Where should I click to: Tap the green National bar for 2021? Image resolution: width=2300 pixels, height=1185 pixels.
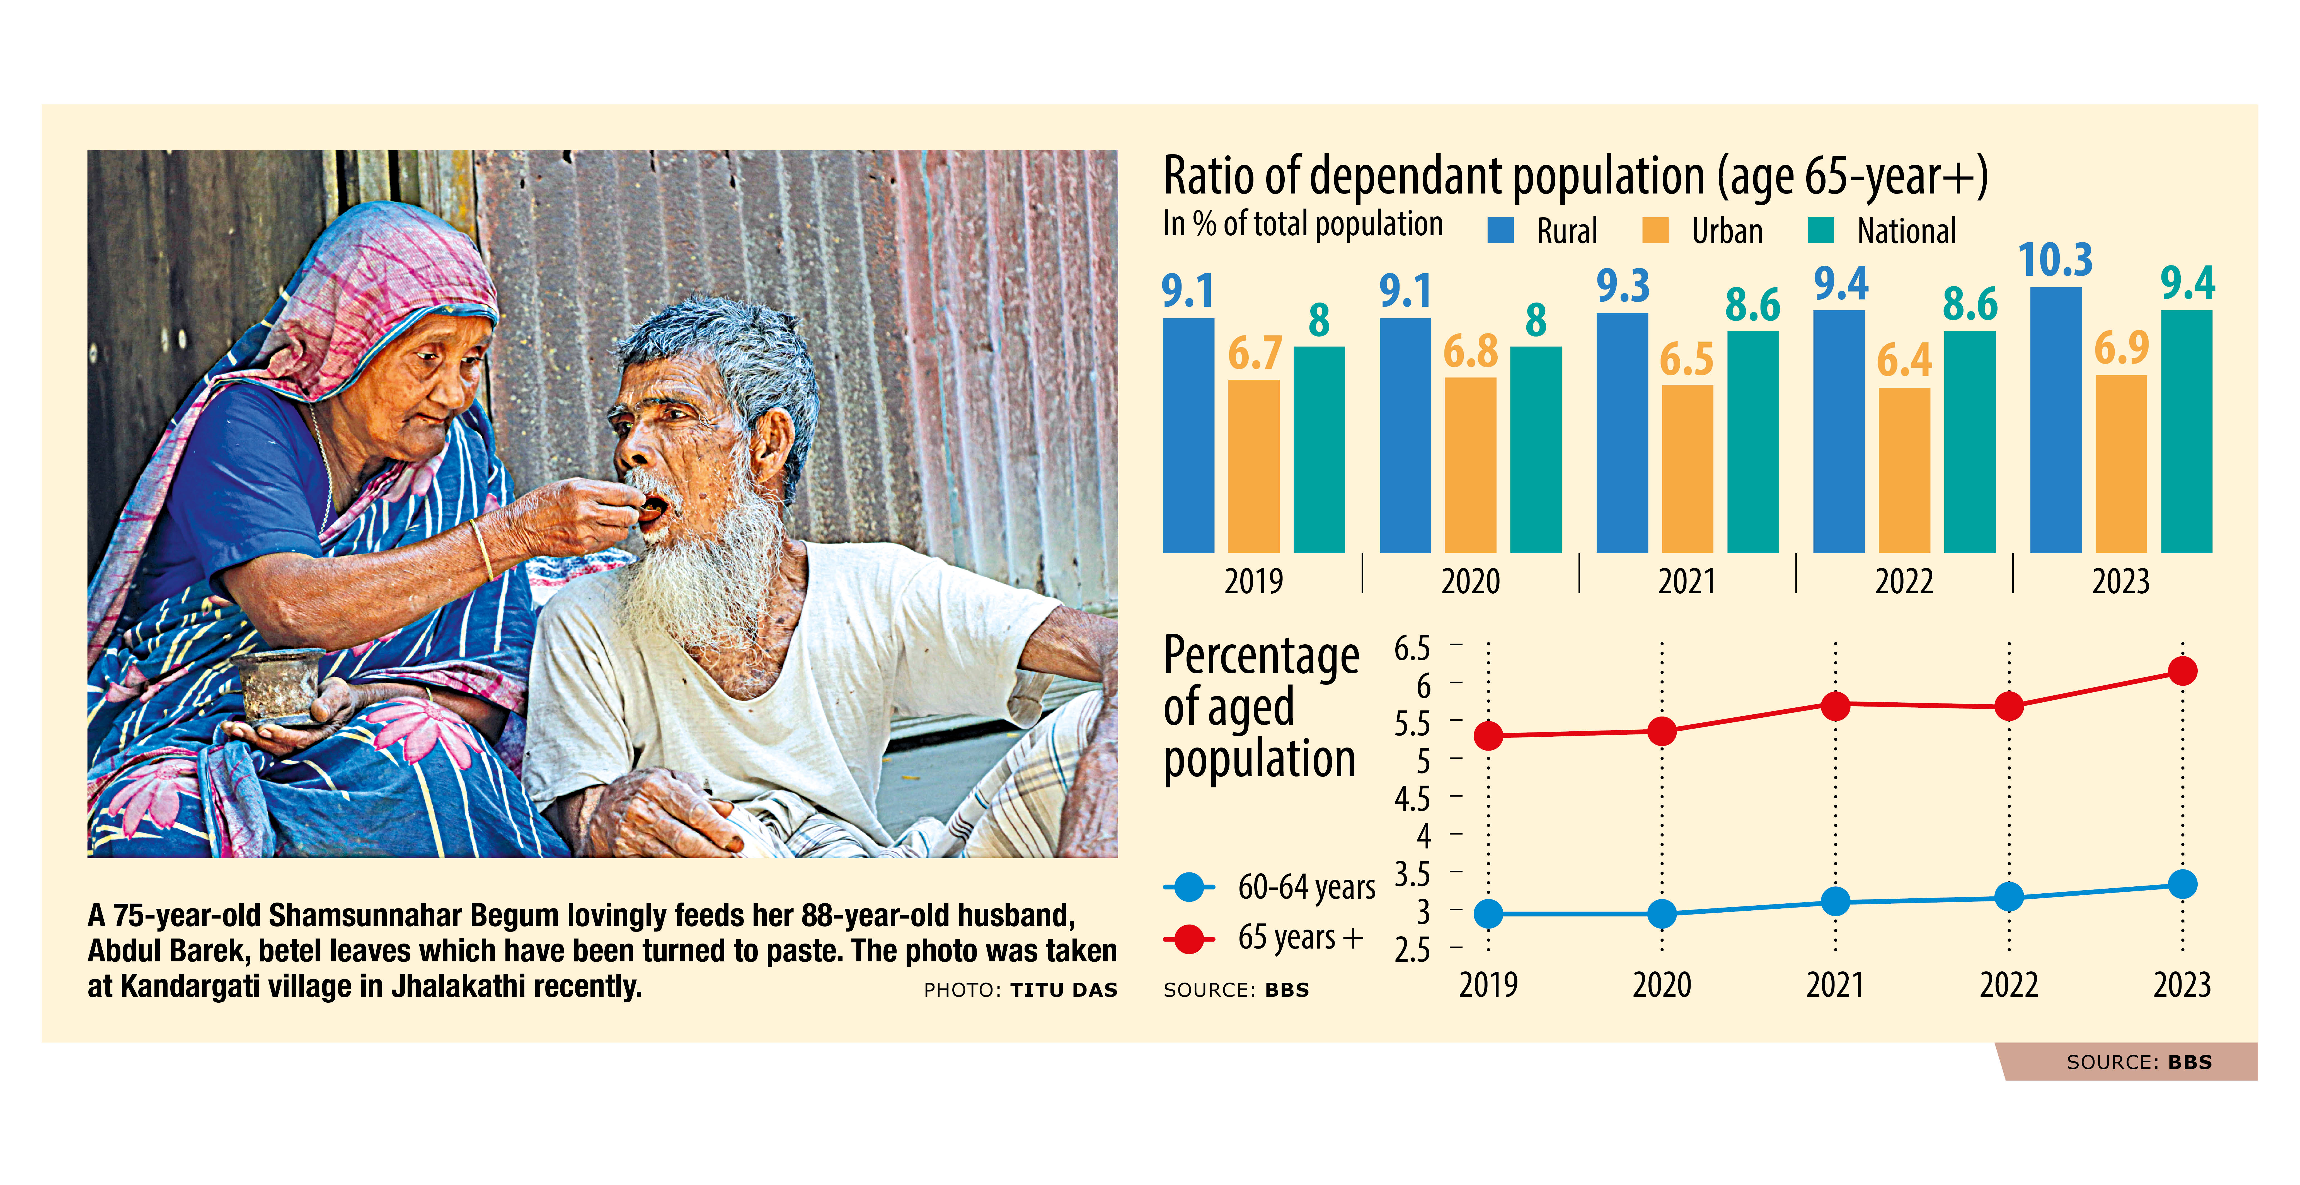pos(1753,442)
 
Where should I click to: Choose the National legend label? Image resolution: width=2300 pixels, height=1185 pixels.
pos(1906,231)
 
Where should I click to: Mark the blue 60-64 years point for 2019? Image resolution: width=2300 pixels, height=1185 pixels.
pos(1488,913)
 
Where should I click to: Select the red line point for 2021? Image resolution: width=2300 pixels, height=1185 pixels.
pos(1836,705)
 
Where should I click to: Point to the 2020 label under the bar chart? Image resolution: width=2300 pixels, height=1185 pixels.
pos(1471,581)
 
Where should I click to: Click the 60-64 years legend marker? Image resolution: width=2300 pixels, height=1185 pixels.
pos(1189,887)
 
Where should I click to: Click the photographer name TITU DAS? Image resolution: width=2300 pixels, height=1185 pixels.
pos(1063,990)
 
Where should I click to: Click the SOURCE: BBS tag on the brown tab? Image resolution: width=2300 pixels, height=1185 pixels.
pos(2139,1062)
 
